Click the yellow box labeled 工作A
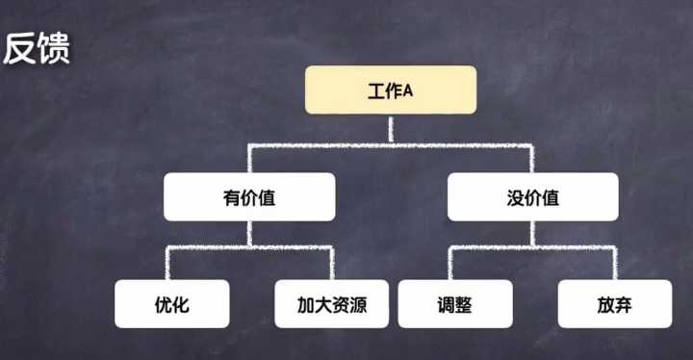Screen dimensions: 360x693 pyautogui.click(x=390, y=90)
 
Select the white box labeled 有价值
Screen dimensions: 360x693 pyautogui.click(x=249, y=197)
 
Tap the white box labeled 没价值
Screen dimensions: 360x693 pyautogui.click(x=532, y=197)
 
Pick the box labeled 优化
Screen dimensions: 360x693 pyautogui.click(x=172, y=304)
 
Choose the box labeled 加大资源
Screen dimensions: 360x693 pyautogui.click(x=331, y=304)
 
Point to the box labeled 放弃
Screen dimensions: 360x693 pyautogui.click(x=614, y=304)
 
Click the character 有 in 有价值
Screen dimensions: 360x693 pyautogui.click(x=230, y=197)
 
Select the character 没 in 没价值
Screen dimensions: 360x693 pyautogui.click(x=514, y=197)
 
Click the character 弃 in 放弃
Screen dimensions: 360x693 pyautogui.click(x=624, y=305)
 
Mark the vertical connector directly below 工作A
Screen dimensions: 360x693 pyautogui.click(x=390, y=130)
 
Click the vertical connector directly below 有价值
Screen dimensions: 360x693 pyautogui.click(x=249, y=234)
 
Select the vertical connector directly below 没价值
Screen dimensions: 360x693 pyautogui.click(x=532, y=234)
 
